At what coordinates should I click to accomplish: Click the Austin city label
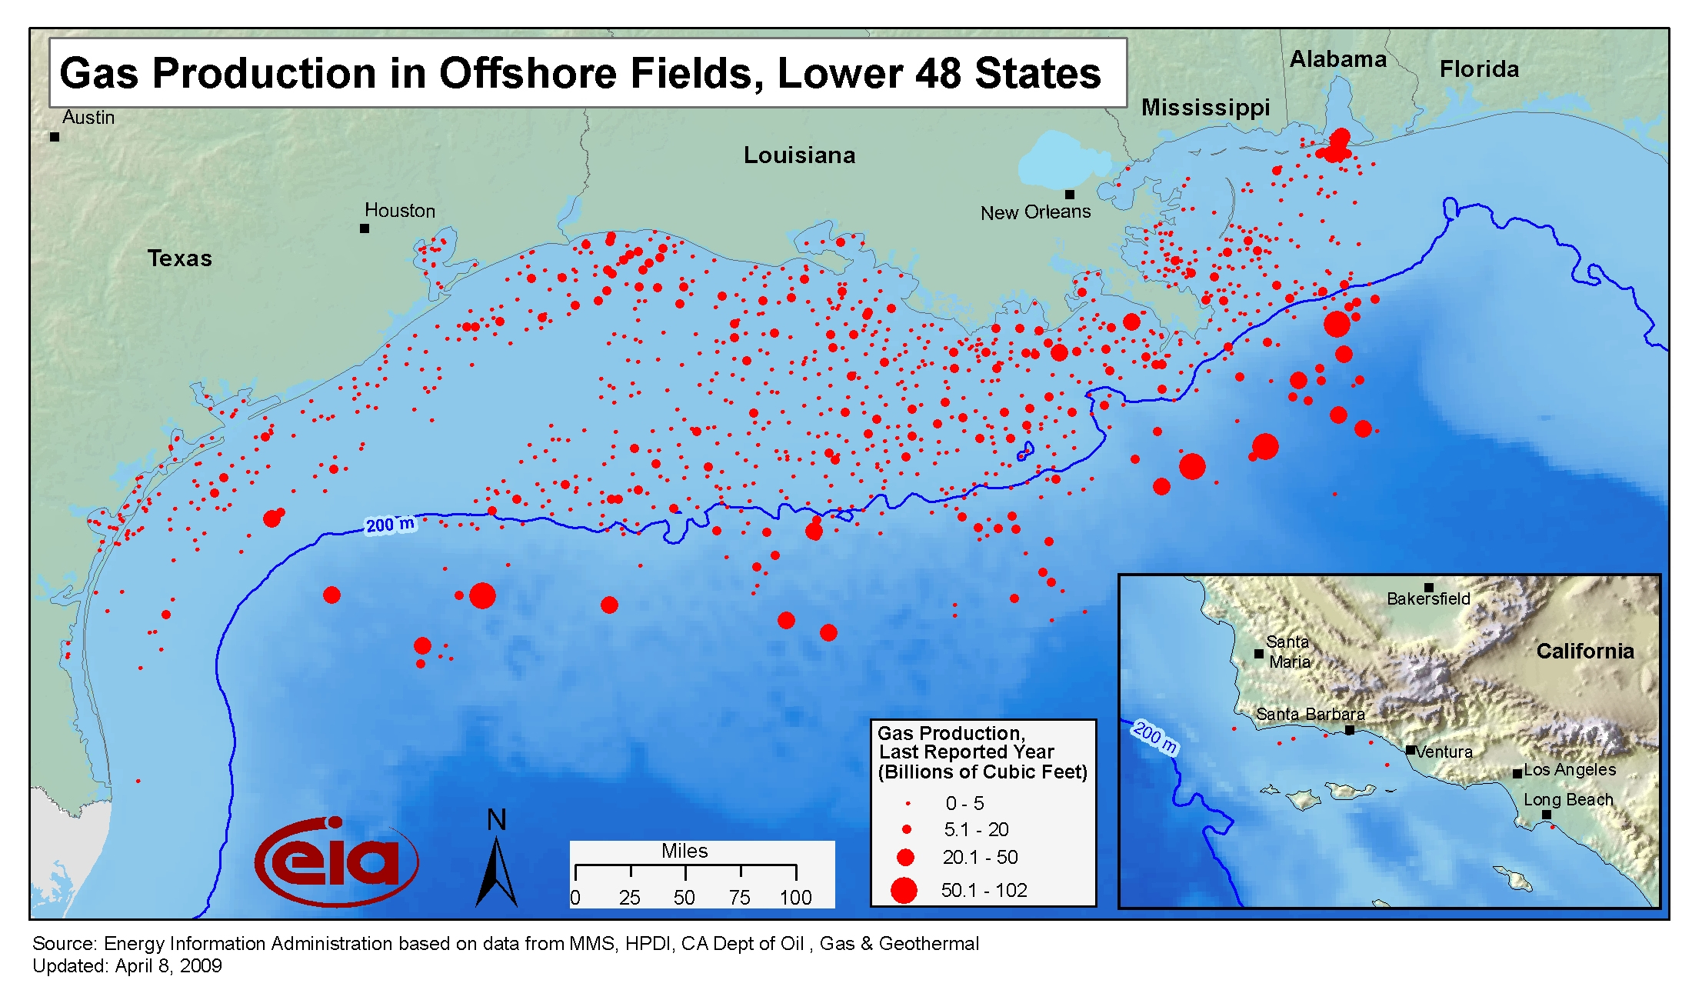click(88, 118)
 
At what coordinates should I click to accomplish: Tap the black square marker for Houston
click(365, 228)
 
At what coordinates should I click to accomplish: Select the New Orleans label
click(1035, 212)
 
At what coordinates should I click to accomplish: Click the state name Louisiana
click(799, 155)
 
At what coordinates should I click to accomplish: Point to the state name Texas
click(179, 258)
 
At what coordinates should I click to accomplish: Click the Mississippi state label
click(1205, 108)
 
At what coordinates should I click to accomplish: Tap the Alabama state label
click(1337, 59)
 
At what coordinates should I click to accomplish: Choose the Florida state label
click(1479, 69)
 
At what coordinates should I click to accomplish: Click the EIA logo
click(337, 862)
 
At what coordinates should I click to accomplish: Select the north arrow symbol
click(496, 862)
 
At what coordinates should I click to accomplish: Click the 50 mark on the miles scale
click(684, 898)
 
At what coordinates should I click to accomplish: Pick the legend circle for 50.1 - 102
click(904, 891)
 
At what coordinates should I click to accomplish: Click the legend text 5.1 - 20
click(976, 830)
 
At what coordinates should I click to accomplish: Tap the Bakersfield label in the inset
click(1428, 599)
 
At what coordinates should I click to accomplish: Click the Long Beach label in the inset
click(1568, 800)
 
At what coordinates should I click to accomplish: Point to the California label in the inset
click(1584, 652)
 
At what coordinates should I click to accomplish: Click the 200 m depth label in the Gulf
click(390, 525)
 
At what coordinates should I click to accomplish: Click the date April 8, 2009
click(168, 966)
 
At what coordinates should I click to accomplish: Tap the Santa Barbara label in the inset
click(1310, 715)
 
